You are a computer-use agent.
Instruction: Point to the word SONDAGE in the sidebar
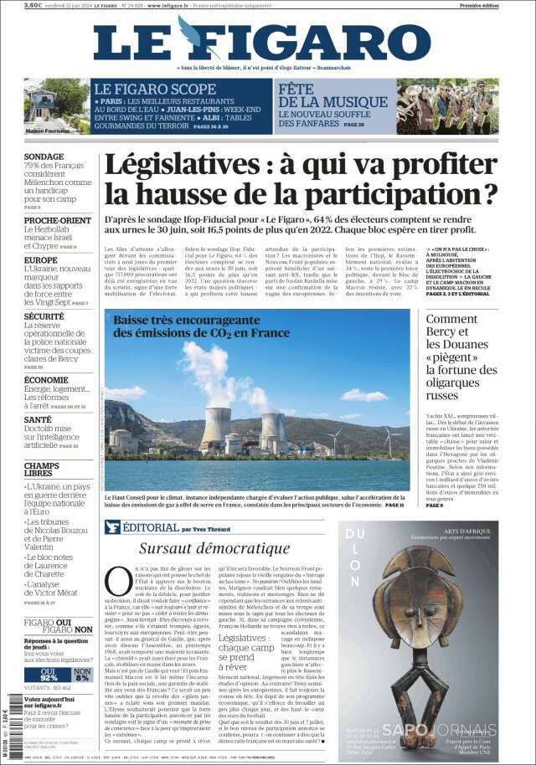[x=44, y=157]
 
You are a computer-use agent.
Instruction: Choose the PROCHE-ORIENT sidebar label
[x=58, y=220]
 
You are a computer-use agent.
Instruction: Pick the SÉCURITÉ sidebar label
[x=44, y=317]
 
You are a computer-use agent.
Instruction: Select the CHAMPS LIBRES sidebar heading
[x=42, y=470]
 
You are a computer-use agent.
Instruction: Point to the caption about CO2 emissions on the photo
[x=201, y=326]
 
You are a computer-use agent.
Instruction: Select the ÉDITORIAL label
[x=150, y=528]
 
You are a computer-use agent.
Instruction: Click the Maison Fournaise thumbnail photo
[x=56, y=105]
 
